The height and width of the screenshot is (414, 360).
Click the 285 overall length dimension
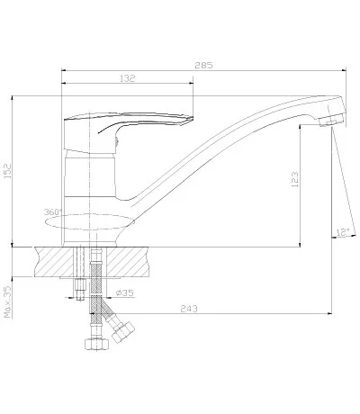(x=203, y=65)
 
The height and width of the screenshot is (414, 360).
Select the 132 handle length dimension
(x=128, y=78)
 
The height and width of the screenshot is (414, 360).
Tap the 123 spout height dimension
(x=295, y=179)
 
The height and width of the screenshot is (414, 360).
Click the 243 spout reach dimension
(x=189, y=309)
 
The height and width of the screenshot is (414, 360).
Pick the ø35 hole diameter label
(x=124, y=292)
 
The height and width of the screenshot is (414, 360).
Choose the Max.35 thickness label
(x=7, y=301)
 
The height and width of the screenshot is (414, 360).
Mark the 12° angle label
(x=343, y=232)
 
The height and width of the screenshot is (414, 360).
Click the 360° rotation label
(x=53, y=211)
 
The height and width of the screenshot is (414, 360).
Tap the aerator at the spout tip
(x=331, y=121)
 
